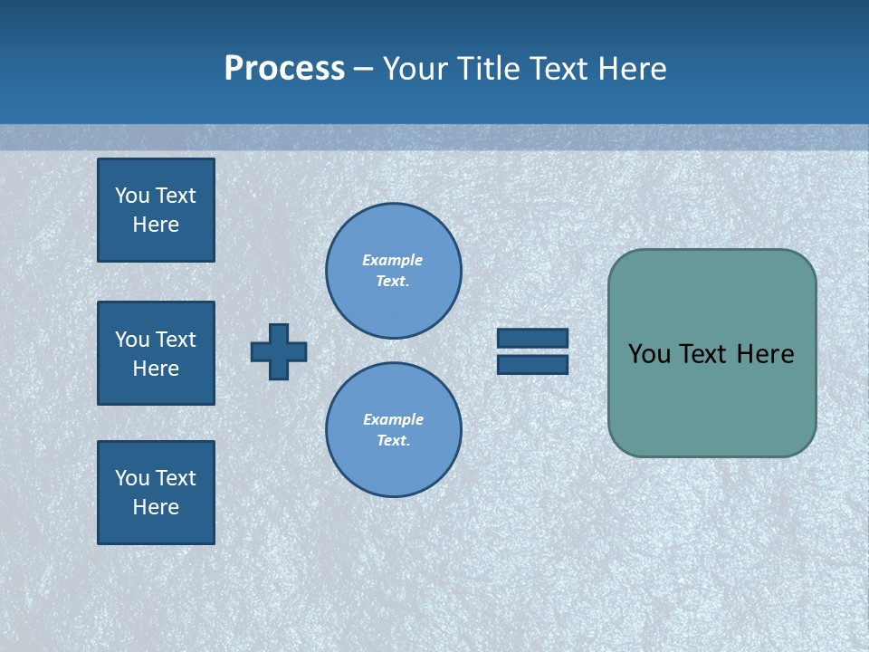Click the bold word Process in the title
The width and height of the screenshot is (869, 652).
coord(284,69)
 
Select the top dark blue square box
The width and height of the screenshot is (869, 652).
coord(156,210)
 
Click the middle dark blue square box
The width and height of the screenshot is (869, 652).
coord(156,353)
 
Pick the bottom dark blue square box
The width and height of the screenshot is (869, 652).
coord(156,493)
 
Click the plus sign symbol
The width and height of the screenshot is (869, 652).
coord(279,351)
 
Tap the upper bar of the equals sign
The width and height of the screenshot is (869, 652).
coord(532,338)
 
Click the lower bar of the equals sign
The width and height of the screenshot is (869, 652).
coord(532,365)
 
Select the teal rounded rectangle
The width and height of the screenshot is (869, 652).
coord(711,407)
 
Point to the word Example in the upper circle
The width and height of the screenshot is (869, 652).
coord(393,260)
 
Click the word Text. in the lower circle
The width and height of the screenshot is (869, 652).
coord(393,440)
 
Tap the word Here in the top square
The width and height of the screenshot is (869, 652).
coord(156,225)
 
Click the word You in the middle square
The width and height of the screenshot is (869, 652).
coord(131,340)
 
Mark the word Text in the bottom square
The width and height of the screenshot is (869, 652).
coord(176,478)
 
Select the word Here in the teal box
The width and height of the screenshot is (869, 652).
coord(765,354)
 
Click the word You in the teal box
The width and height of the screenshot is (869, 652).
coord(648,354)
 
